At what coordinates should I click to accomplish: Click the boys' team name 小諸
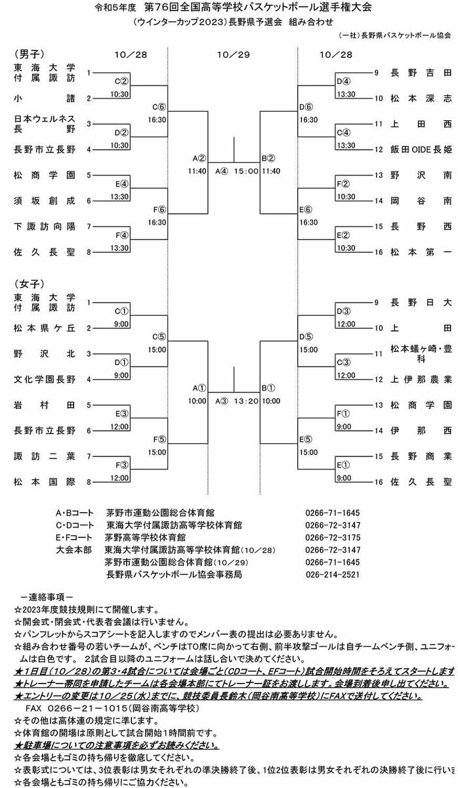point(44,98)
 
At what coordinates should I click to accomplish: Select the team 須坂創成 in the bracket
point(44,200)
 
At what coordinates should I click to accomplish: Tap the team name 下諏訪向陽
point(44,226)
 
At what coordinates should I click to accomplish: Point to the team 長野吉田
point(420,73)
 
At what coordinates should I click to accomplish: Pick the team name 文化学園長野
point(44,380)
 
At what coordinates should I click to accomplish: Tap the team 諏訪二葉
point(44,456)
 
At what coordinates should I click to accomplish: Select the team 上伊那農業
point(420,380)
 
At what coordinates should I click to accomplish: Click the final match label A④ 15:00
point(236,171)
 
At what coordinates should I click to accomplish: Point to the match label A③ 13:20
point(236,400)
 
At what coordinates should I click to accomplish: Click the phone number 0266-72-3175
point(333,537)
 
